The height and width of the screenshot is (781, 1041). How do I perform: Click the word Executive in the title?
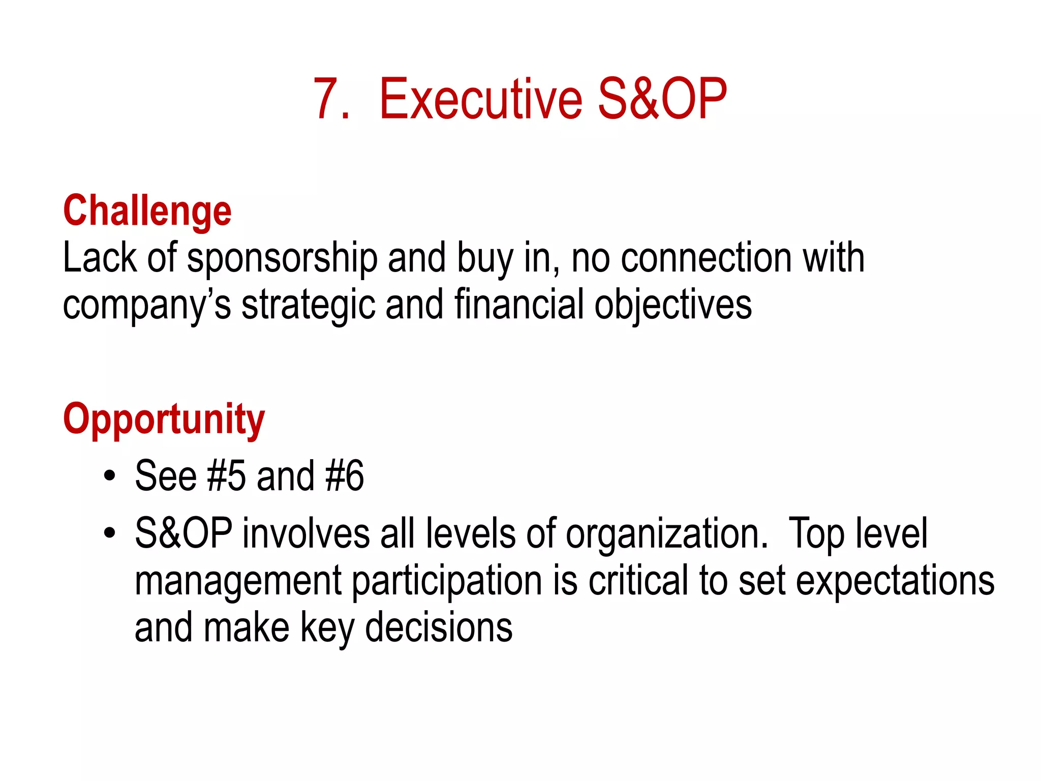tap(480, 99)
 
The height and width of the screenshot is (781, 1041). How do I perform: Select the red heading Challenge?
tap(147, 211)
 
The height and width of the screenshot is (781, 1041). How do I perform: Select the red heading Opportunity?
tap(164, 420)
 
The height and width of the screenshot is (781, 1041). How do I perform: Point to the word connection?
tap(706, 258)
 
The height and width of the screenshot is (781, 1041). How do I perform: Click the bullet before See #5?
tap(109, 476)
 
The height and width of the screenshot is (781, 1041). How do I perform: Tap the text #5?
tap(227, 476)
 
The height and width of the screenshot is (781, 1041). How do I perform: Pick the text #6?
tap(344, 476)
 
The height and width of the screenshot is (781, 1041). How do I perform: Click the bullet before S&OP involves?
tap(109, 534)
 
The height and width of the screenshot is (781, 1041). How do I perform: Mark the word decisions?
tap(439, 628)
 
